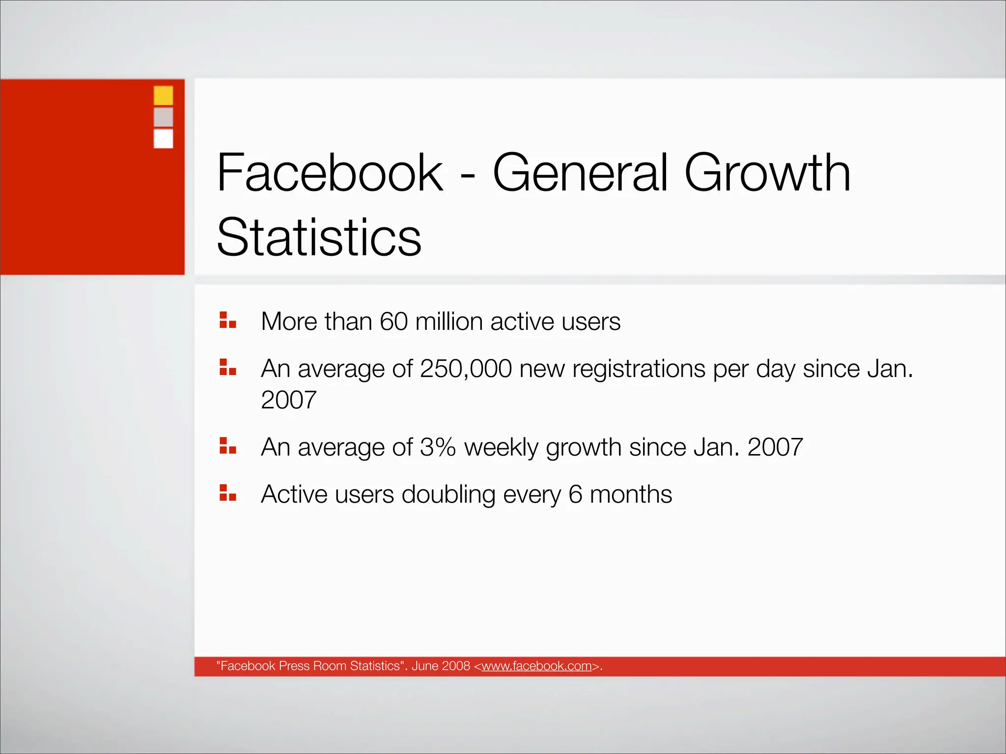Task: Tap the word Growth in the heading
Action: tap(767, 173)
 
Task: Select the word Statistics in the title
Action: tap(319, 238)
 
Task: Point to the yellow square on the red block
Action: tap(163, 95)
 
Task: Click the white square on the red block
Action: tap(163, 138)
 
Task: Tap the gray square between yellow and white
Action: tap(163, 117)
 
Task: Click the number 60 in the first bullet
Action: tap(393, 322)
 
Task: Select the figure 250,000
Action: tap(466, 369)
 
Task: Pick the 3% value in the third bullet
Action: tap(438, 447)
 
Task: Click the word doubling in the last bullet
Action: tap(448, 494)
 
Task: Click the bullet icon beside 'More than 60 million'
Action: tap(227, 320)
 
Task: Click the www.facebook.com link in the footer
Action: tap(536, 666)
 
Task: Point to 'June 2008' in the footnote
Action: tap(441, 666)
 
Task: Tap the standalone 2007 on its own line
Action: tap(288, 400)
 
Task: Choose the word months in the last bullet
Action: tap(630, 494)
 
